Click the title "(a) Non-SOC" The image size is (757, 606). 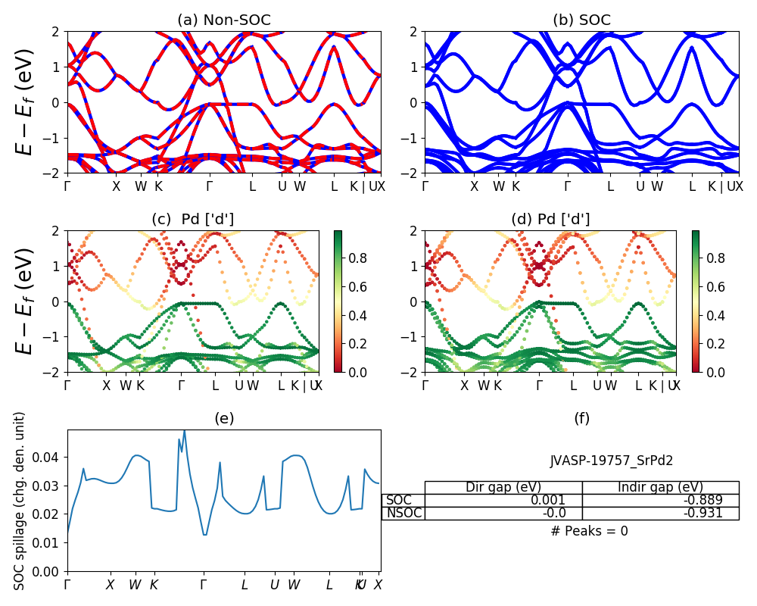pos(223,20)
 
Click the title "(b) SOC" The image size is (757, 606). pos(581,20)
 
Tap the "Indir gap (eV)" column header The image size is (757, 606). pos(660,487)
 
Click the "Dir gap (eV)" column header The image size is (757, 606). pos(503,487)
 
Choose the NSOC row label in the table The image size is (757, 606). pos(403,514)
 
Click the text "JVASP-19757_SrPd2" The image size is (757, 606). pos(611,460)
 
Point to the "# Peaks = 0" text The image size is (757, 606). pos(589,531)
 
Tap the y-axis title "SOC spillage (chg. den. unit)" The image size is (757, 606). pos(20,501)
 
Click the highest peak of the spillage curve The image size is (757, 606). pos(184,430)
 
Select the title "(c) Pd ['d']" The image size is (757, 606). pos(193,219)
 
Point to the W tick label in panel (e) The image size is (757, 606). pos(135,585)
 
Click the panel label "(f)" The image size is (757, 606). pos(581,418)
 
